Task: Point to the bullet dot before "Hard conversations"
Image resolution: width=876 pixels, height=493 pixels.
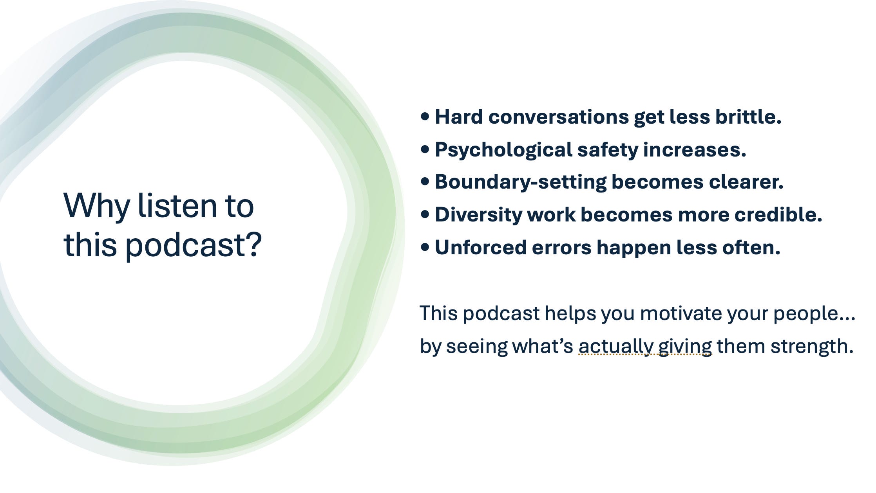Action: pos(425,117)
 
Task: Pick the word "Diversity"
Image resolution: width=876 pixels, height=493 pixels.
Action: pos(478,215)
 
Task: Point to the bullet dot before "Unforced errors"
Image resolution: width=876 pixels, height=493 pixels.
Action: pos(425,247)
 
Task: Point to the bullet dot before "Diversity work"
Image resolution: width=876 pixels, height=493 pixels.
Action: pos(425,214)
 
